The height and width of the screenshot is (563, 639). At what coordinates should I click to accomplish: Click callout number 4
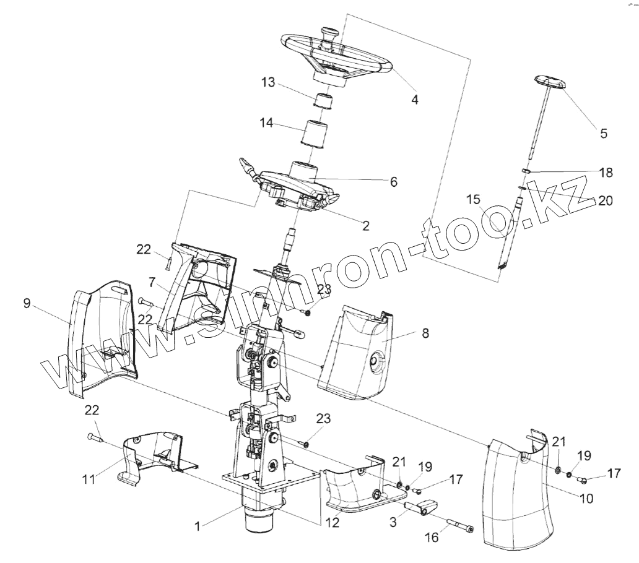415,99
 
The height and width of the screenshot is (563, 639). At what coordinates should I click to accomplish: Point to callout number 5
604,133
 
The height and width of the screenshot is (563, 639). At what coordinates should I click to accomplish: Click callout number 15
473,199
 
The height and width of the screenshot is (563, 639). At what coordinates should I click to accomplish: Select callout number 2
365,226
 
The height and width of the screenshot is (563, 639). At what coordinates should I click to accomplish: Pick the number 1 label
197,526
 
